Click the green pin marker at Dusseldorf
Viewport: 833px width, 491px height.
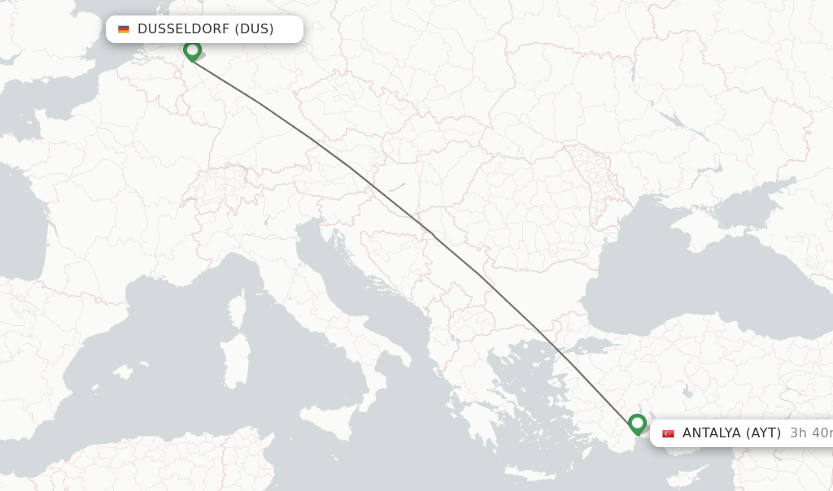point(192,50)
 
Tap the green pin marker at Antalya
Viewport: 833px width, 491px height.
point(637,424)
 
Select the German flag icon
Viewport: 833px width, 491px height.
point(124,29)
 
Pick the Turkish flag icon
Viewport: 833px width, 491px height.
point(668,433)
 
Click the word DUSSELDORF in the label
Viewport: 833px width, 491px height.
point(183,29)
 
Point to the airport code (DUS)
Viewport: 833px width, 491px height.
point(254,29)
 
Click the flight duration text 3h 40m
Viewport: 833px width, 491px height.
point(810,433)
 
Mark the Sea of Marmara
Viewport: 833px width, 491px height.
point(591,347)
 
